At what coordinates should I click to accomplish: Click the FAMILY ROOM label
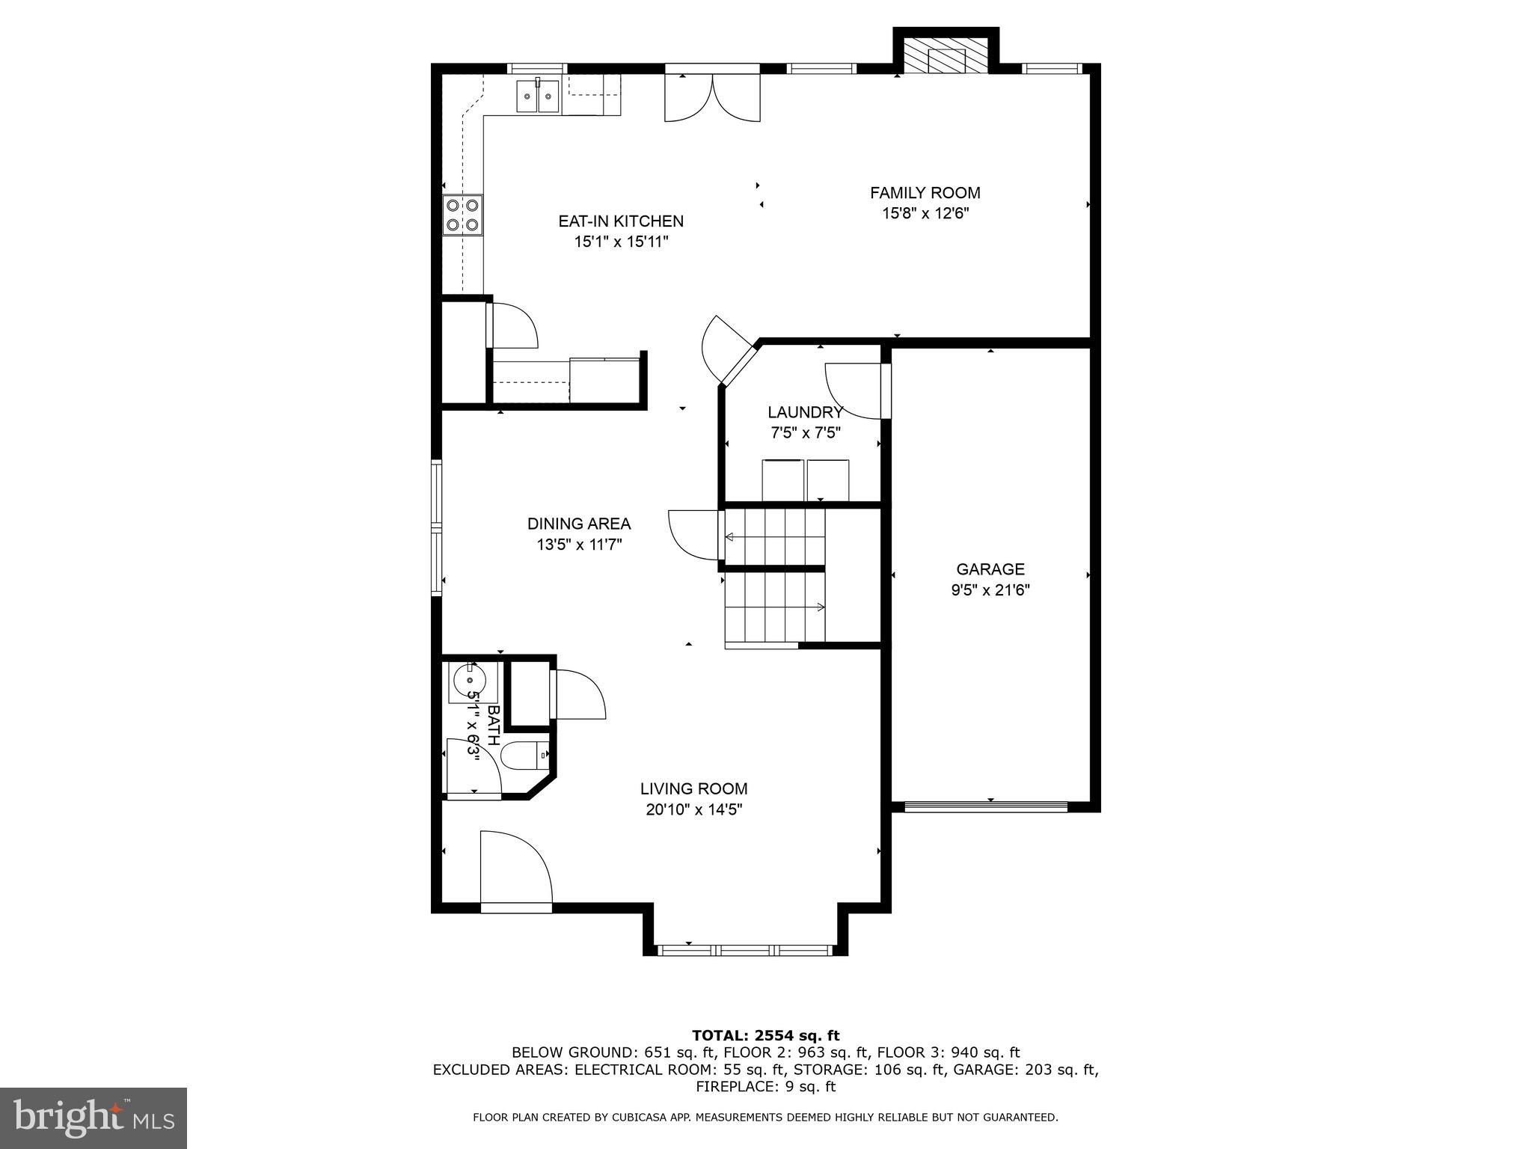coord(925,193)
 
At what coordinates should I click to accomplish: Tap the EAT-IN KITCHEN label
coord(621,221)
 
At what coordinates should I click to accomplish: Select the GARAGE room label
coord(990,569)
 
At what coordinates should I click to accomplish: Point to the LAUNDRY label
coord(806,412)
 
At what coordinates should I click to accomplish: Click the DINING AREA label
coord(579,524)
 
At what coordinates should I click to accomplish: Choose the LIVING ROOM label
coord(693,788)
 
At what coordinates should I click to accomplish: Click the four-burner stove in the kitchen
coord(462,214)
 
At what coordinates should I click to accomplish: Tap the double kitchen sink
coord(537,97)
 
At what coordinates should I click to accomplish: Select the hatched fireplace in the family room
coord(946,57)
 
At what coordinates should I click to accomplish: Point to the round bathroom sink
coord(470,681)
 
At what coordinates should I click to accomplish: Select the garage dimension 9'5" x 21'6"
coord(990,590)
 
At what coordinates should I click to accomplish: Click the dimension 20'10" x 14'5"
coord(693,809)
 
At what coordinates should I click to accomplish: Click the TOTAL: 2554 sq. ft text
coord(765,1036)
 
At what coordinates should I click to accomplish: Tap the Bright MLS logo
coord(94,1118)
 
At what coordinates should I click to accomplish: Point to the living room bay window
coord(745,951)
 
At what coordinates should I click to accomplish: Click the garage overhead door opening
coord(986,806)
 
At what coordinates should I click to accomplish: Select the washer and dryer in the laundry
coord(806,480)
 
